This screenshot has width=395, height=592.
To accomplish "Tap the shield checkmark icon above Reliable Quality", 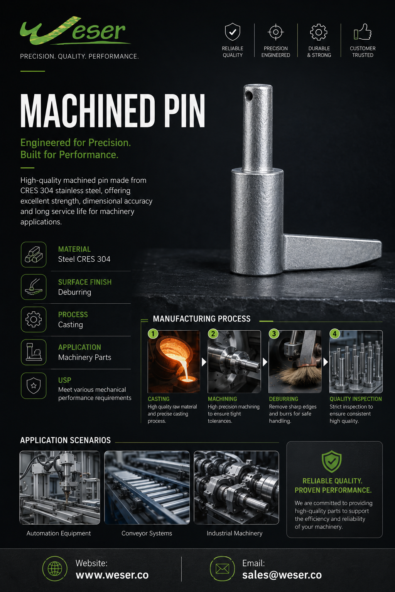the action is pos(232,32).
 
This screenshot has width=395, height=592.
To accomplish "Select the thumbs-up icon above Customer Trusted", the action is pos(363,32).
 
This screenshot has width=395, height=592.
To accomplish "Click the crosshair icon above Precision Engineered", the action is pos(276,32).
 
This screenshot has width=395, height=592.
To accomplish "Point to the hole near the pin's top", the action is pos(249,96).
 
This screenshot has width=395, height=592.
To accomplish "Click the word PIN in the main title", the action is pos(185,111).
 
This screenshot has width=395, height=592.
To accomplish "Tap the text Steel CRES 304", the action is pos(84,259).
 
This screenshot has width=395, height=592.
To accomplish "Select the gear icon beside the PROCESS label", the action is pos(34,319).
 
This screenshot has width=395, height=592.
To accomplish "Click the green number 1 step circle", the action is pos(153,333).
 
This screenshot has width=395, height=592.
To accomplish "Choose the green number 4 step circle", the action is pos(335,333).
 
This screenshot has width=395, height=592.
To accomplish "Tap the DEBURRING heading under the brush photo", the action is pos(284,399).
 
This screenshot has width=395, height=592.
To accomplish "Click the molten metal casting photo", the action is pos(174,362).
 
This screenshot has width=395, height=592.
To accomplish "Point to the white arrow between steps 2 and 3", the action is pos(265,362).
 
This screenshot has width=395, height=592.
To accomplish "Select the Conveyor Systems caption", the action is pos(147,533).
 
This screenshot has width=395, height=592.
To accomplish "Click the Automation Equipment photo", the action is pos(60,487).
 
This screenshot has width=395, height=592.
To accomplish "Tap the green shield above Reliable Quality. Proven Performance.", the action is pos(331,462).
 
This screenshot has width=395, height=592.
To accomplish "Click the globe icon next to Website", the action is pos(55,569).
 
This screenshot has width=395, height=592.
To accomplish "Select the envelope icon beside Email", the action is pos(222,569).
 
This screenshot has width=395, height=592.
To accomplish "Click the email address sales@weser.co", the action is pos(282,575).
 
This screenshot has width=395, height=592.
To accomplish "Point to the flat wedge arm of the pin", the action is pos(333,252).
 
